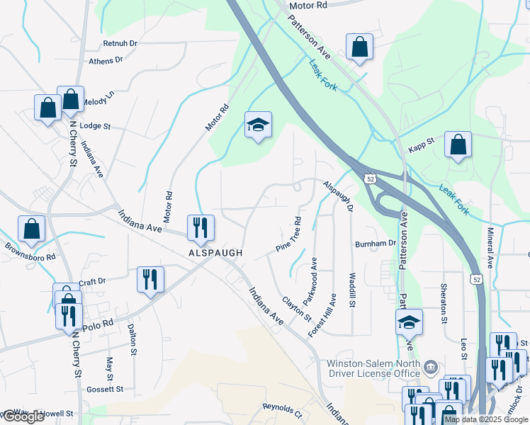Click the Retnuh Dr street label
pos(120,43)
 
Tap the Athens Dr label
pos(106,61)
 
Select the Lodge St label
pos(96,126)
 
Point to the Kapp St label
pos(421,141)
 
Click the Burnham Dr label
pos(376,243)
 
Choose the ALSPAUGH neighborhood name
pos(215,253)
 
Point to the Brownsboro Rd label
pos(30,252)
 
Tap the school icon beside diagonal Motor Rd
pos(259,126)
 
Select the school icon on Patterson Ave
pos(409,322)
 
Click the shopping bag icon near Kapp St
pos(458,144)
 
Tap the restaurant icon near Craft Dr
pos(150,279)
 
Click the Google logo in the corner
pos(23,416)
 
